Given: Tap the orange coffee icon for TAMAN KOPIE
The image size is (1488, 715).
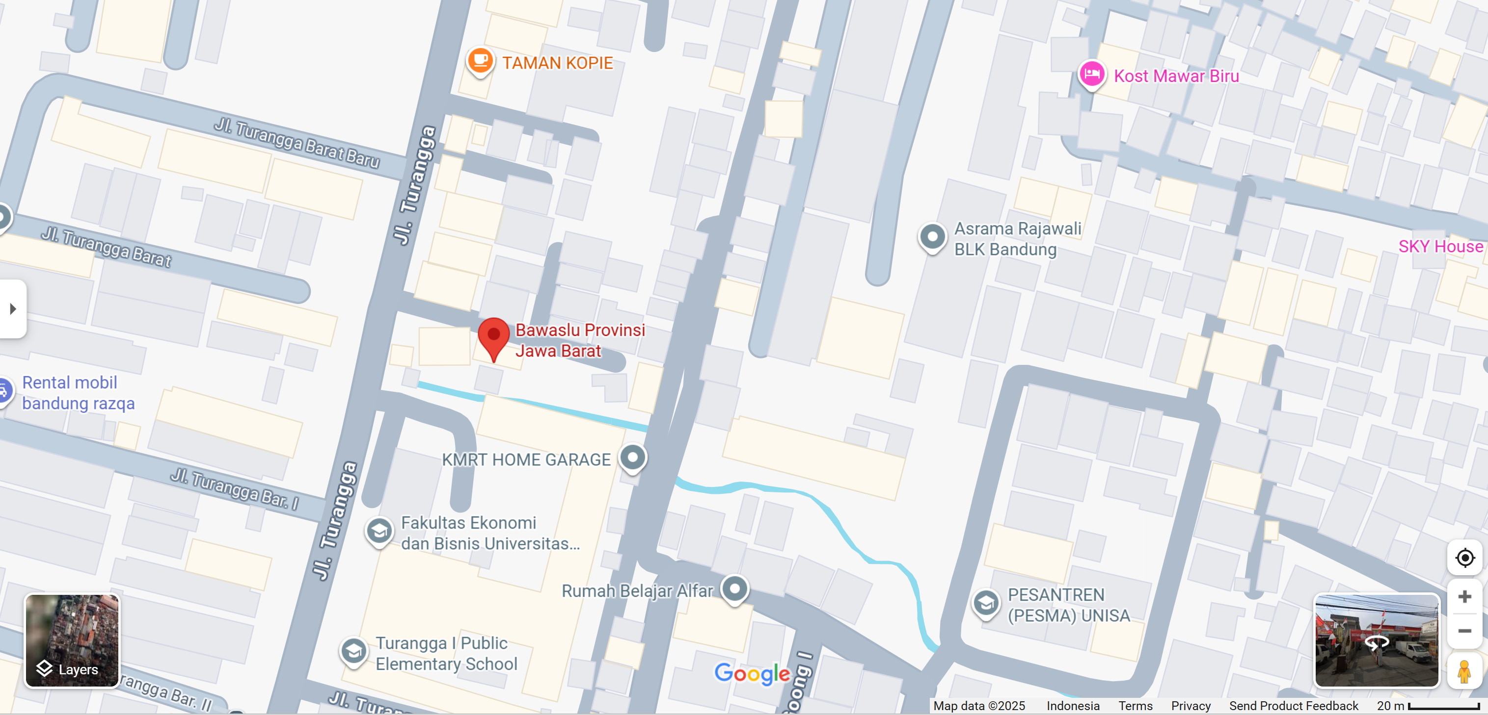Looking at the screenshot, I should [x=480, y=59].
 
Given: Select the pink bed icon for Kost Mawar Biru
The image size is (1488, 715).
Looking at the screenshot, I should [x=1092, y=74].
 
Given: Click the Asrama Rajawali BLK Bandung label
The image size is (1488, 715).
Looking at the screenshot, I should [x=1017, y=239].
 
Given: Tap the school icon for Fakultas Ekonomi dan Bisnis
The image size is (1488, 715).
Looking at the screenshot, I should [x=379, y=530].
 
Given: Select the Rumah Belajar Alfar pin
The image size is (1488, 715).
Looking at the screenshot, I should [x=735, y=589].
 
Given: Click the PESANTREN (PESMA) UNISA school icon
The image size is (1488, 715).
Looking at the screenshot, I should [x=986, y=603].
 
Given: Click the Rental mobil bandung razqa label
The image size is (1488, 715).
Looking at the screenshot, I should [x=78, y=393].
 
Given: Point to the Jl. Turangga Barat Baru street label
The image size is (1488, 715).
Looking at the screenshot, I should [x=297, y=142].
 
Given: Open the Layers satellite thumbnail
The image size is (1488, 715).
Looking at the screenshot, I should [x=72, y=640].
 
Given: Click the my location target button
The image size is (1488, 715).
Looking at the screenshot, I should [x=1464, y=558].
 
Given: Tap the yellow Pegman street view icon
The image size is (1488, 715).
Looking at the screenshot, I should [x=1464, y=672].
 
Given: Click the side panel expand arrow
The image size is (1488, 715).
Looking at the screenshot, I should [x=13, y=309].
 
